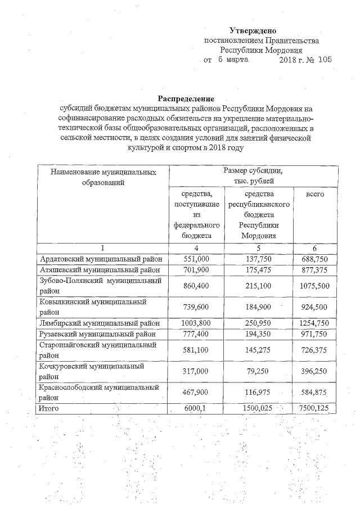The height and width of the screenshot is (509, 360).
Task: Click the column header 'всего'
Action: click(314, 193)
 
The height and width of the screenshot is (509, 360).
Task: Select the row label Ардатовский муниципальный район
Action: click(101, 259)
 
